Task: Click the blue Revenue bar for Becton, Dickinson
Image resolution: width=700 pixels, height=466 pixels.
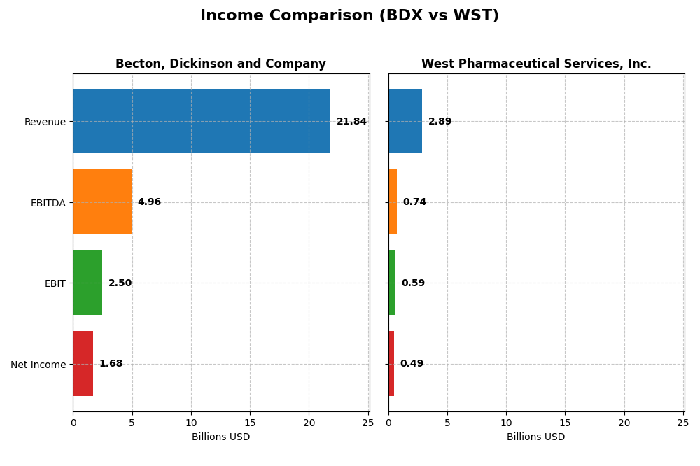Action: pos(202,121)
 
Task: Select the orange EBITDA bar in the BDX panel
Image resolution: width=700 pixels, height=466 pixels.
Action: pos(102,202)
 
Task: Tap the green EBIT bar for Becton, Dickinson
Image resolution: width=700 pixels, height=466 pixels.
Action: pos(87,283)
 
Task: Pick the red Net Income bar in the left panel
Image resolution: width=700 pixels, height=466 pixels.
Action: pos(83,364)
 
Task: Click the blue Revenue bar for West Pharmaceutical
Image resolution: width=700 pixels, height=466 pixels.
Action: pos(405,121)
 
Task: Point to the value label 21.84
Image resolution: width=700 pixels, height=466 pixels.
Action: pos(351,122)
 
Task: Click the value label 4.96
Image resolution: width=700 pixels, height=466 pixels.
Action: pos(149,202)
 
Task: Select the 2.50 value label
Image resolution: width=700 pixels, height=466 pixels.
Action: pos(120,283)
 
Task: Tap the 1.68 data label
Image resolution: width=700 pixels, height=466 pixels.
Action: pos(111,364)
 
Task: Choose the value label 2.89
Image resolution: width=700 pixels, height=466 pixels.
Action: pos(440,122)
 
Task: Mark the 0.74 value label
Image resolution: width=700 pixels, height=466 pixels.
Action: pos(414,202)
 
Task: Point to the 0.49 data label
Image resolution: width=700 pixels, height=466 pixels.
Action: pos(412,364)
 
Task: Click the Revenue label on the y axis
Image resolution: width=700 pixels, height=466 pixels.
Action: pos(45,122)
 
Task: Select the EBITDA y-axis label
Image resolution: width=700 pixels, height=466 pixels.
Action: pos(48,203)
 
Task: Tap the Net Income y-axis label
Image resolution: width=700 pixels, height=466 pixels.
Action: pos(38,365)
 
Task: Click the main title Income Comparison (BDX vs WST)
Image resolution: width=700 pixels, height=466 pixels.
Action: pos(349,16)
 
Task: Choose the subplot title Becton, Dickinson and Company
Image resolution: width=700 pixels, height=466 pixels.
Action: pos(220,64)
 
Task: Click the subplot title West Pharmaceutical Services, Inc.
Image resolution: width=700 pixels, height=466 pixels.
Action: pos(536,64)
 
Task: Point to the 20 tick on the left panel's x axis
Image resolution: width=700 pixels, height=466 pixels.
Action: pos(309,423)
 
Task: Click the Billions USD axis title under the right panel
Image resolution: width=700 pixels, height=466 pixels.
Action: pos(535,437)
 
